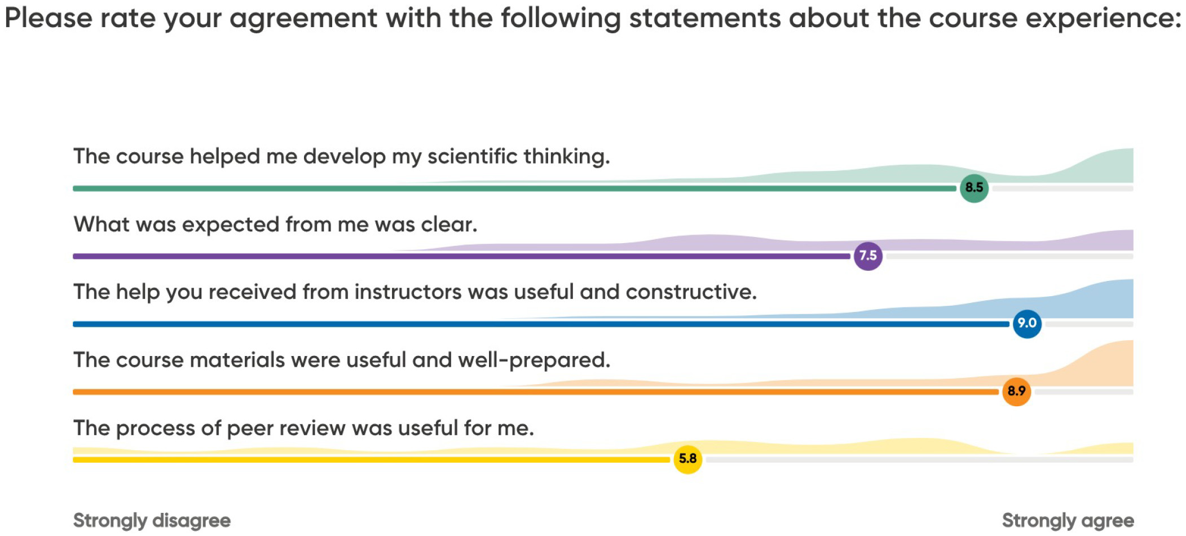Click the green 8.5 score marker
pyautogui.click(x=974, y=188)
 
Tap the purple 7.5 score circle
pyautogui.click(x=868, y=256)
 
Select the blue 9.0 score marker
pyautogui.click(x=1027, y=324)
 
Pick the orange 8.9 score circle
pyautogui.click(x=1016, y=392)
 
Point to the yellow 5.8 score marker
pyautogui.click(x=687, y=459)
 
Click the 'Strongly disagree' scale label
pyautogui.click(x=152, y=520)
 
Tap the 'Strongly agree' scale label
pyautogui.click(x=1068, y=520)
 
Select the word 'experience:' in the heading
pyautogui.click(x=1103, y=19)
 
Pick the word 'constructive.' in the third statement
pyautogui.click(x=691, y=292)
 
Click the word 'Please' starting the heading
pyautogui.click(x=49, y=18)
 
